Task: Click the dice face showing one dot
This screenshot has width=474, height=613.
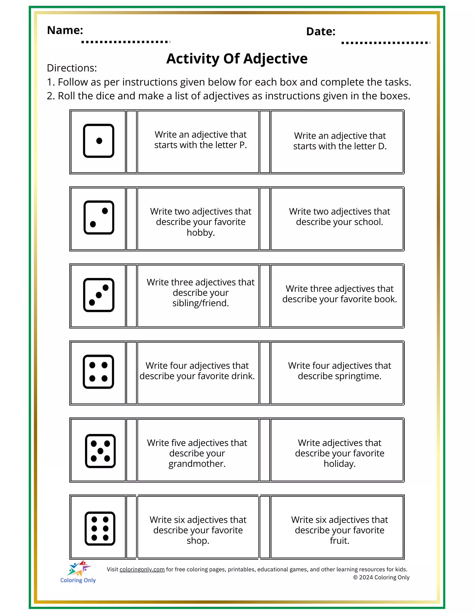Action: coord(98,141)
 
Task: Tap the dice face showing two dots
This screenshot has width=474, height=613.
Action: coord(99,218)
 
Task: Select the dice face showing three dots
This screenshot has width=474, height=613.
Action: coord(99,295)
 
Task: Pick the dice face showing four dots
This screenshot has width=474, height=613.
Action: coord(98,372)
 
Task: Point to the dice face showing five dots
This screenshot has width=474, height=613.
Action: coord(100,451)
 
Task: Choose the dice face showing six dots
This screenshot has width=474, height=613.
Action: coord(100,528)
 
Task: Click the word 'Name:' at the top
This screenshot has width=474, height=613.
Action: coord(65,30)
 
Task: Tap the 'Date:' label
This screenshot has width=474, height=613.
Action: coord(321,32)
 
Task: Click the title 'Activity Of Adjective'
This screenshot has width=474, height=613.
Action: coord(237,59)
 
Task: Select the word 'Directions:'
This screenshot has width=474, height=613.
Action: coord(72,68)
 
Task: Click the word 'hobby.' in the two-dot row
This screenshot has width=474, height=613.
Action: coord(201,233)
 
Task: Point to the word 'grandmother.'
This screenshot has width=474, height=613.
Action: coord(197,464)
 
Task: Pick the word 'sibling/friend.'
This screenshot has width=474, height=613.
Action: coord(201,303)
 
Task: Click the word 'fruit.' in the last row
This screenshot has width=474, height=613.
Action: coord(339,541)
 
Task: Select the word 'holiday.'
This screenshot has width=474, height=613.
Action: coord(340,464)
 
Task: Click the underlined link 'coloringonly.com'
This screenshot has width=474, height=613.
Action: coord(142,569)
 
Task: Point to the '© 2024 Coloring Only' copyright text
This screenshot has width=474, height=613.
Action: coord(381,577)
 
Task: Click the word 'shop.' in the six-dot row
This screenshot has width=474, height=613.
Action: coord(198,541)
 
